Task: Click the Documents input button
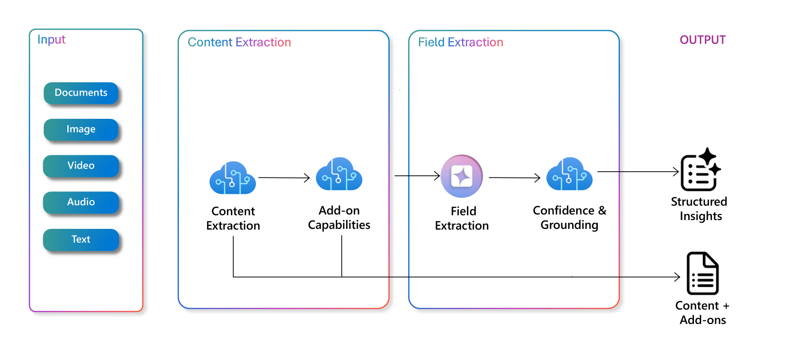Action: [x=81, y=93]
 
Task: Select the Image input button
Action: [x=81, y=130]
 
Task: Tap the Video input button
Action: [x=81, y=166]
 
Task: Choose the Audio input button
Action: [x=81, y=202]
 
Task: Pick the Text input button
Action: [x=81, y=239]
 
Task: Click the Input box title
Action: [x=52, y=40]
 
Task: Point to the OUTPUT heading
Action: [x=703, y=40]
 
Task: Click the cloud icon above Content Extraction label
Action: [x=233, y=178]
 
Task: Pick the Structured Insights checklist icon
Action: [x=700, y=170]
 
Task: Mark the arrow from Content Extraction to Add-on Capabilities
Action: [x=284, y=178]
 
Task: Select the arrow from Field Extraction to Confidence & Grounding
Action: [x=515, y=178]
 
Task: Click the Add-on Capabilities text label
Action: [x=339, y=218]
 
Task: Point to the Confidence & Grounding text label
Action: [x=570, y=218]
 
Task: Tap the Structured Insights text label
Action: [x=699, y=209]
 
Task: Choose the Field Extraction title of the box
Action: [x=461, y=43]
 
